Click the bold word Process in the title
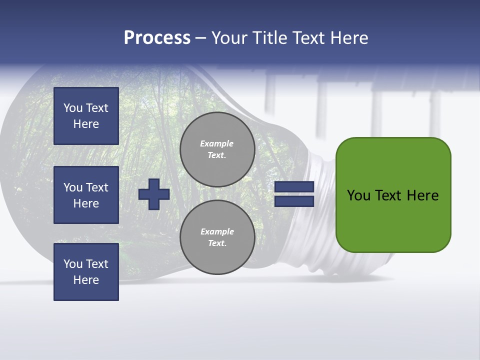(157, 38)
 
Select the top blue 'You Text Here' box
(86, 116)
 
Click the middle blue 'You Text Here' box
(86, 195)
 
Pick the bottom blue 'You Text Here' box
(86, 272)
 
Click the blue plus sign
(154, 194)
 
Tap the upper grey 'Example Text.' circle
(217, 149)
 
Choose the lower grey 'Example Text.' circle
(217, 237)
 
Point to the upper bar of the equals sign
(294, 187)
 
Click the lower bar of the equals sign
(294, 201)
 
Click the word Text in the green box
(389, 195)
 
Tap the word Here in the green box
(422, 195)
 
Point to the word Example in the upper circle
(216, 143)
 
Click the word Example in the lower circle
(217, 231)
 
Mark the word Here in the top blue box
(86, 124)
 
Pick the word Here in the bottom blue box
(86, 280)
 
